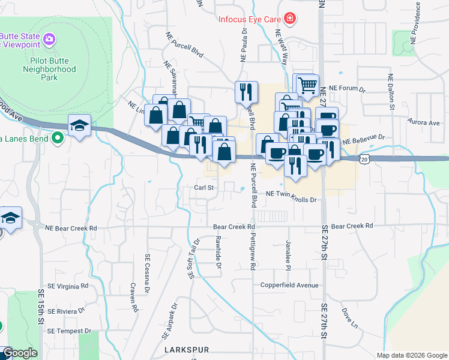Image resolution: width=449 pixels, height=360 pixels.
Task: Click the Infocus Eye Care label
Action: point(250,19)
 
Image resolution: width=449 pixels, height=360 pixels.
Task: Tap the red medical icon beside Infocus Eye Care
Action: point(291,19)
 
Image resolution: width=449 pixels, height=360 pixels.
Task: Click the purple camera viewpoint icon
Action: point(50,40)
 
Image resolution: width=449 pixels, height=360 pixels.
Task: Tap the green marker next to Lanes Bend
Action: point(58,138)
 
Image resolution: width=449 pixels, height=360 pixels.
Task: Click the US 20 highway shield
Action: point(365,159)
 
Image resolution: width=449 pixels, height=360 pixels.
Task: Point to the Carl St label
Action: point(204,187)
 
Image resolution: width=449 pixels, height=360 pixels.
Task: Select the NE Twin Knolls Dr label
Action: point(291,193)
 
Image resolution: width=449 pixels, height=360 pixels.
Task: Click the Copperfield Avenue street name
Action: point(289,285)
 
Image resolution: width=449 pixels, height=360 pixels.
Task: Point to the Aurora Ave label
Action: point(424,122)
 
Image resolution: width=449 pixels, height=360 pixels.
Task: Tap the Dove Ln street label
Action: point(350,318)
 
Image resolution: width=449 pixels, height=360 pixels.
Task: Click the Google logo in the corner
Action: point(20,353)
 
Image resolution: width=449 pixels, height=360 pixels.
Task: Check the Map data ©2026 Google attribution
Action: point(411,355)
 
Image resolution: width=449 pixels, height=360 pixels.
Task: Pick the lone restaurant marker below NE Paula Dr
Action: point(246,92)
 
